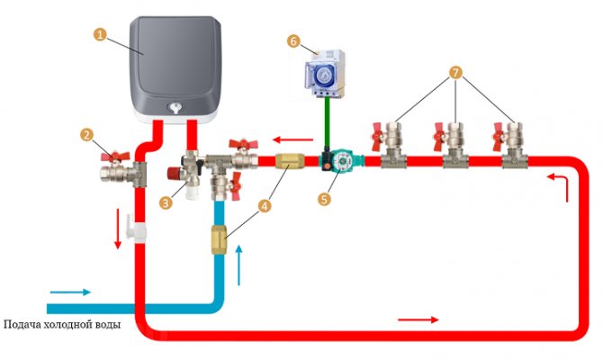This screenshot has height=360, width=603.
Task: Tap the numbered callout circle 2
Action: (x=86, y=135)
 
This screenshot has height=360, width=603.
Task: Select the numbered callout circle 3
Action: (x=165, y=203)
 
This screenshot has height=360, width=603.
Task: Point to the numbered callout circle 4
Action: (x=264, y=205)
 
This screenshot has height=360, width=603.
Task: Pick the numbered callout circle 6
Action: (x=293, y=40)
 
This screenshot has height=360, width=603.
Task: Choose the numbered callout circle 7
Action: (x=456, y=71)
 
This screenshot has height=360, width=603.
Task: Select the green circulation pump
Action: (x=337, y=163)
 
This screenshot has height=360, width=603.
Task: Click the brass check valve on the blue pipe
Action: (x=219, y=242)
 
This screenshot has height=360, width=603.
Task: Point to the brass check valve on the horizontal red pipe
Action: (x=291, y=164)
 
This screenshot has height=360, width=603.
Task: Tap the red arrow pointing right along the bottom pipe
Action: (x=418, y=319)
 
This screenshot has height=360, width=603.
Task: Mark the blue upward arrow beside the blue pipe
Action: (x=239, y=261)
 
